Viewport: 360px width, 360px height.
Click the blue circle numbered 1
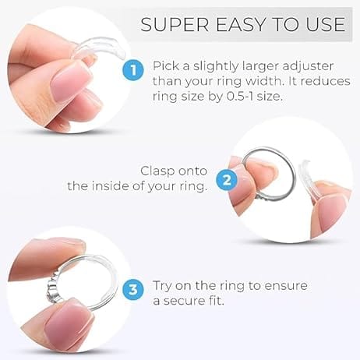click(133, 70)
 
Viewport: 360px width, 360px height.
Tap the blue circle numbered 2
click(227, 180)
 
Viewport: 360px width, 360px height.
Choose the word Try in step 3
click(162, 286)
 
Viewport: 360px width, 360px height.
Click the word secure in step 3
click(184, 302)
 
